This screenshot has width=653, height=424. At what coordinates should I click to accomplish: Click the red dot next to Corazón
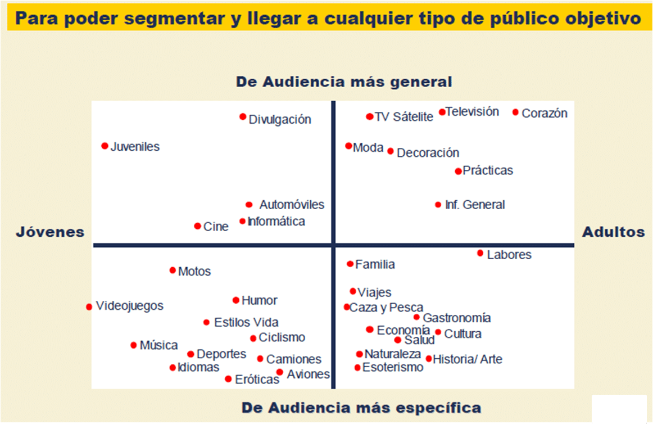[x=515, y=112]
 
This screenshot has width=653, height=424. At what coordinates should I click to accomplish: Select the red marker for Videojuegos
[x=89, y=307]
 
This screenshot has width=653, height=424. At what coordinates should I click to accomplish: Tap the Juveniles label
[x=135, y=147]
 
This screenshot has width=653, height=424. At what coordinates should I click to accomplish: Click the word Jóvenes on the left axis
[x=50, y=232]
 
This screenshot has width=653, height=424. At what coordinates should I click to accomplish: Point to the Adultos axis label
[x=613, y=232]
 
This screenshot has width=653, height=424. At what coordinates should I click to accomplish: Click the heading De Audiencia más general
[x=344, y=82]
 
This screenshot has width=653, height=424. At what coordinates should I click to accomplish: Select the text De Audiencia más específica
[x=361, y=407]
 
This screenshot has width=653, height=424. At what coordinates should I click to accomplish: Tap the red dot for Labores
[x=480, y=253]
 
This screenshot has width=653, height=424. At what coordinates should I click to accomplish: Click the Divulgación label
[x=280, y=119]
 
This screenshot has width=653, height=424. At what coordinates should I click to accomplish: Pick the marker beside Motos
[x=173, y=270]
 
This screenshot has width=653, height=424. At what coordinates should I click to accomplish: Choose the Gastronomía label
[x=456, y=318]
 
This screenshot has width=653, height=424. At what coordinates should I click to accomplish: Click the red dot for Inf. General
[x=438, y=205]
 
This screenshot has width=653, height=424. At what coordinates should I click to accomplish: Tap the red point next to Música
[x=134, y=345]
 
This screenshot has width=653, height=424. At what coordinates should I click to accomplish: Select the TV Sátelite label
[x=403, y=117]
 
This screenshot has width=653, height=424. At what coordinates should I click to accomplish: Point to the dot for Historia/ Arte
[x=429, y=359]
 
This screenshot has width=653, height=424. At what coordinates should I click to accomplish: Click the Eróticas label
[x=257, y=380]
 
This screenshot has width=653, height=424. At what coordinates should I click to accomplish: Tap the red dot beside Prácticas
[x=458, y=171]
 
